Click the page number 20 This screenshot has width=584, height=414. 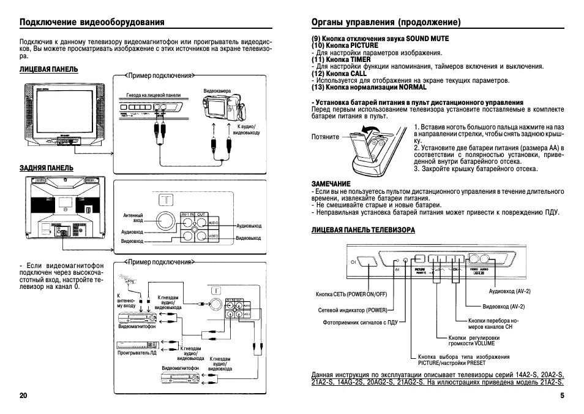pyautogui.click(x=23, y=396)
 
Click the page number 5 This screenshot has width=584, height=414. pyautogui.click(x=561, y=396)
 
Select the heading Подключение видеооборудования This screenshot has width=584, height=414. pyautogui.click(x=92, y=22)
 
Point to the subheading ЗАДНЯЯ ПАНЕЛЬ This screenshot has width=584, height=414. pyautogui.click(x=47, y=167)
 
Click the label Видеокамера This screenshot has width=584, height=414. pyautogui.click(x=217, y=91)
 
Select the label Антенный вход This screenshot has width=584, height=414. pyautogui.click(x=133, y=218)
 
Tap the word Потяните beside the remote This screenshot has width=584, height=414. pyautogui.click(x=325, y=137)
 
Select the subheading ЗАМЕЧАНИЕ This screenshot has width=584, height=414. pyautogui.click(x=331, y=183)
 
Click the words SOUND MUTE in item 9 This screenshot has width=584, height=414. pyautogui.click(x=427, y=38)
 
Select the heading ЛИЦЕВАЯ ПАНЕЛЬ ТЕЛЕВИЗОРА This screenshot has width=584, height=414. pyautogui.click(x=363, y=229)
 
